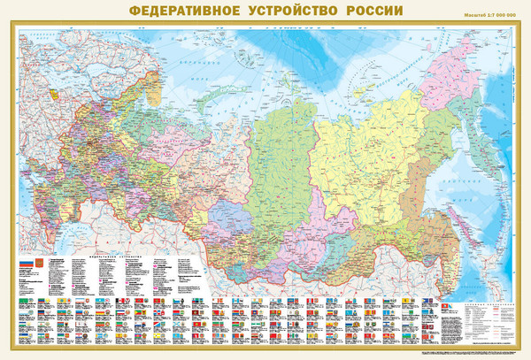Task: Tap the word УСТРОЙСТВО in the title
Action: tap(289, 12)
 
